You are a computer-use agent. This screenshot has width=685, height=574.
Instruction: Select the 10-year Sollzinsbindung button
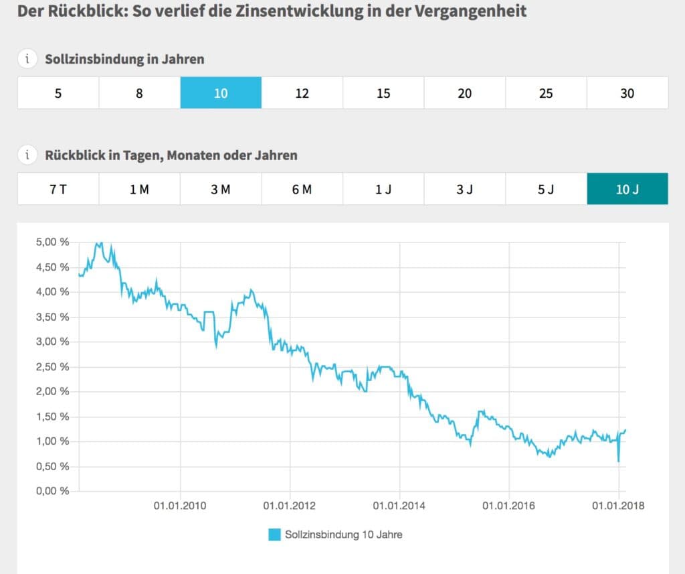(221, 93)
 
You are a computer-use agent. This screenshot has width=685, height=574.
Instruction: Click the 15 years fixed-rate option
(383, 93)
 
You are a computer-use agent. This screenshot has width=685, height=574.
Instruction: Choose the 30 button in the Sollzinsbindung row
(627, 93)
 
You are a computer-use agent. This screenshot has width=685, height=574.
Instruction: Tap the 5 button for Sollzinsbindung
(58, 93)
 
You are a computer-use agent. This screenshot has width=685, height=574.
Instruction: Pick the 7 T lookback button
(58, 190)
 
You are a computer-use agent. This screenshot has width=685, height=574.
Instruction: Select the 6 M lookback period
(302, 190)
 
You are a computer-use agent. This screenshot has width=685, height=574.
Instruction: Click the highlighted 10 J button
(627, 190)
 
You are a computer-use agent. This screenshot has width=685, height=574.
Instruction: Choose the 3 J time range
(464, 190)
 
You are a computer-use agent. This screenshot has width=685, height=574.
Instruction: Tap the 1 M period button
(139, 190)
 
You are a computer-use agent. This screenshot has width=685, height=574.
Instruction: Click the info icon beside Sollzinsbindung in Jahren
(27, 59)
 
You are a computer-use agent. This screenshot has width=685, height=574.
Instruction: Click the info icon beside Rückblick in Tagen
(27, 155)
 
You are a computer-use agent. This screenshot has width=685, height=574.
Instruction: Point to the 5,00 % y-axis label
(52, 242)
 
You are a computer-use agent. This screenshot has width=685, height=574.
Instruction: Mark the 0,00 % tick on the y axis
(52, 491)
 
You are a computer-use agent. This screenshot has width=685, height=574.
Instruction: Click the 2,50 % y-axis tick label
(52, 367)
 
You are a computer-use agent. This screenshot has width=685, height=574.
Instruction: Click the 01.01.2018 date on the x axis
(619, 506)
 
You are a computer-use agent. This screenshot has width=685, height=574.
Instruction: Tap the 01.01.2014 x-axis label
(399, 506)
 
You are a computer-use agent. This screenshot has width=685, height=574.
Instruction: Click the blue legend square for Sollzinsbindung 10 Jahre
(274, 534)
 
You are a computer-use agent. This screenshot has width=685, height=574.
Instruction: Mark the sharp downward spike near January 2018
(618, 460)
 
